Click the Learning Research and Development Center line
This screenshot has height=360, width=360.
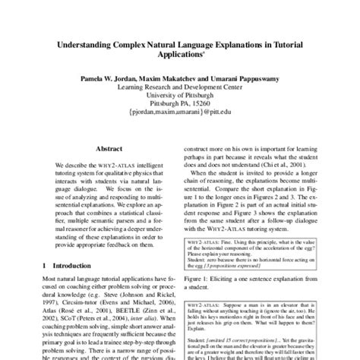tap(179, 87)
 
